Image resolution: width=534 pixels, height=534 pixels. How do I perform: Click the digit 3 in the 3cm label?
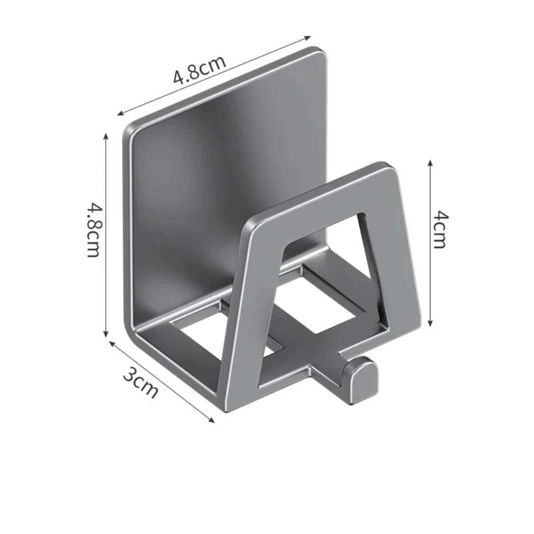click(x=130, y=374)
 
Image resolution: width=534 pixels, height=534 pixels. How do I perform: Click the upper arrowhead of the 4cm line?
click(x=430, y=164)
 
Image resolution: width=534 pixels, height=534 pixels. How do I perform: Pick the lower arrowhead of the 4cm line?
click(x=430, y=323)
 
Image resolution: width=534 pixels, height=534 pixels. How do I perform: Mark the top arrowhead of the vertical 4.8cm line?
click(x=106, y=136)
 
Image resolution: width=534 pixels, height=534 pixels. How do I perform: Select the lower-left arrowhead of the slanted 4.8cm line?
click(x=120, y=113)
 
